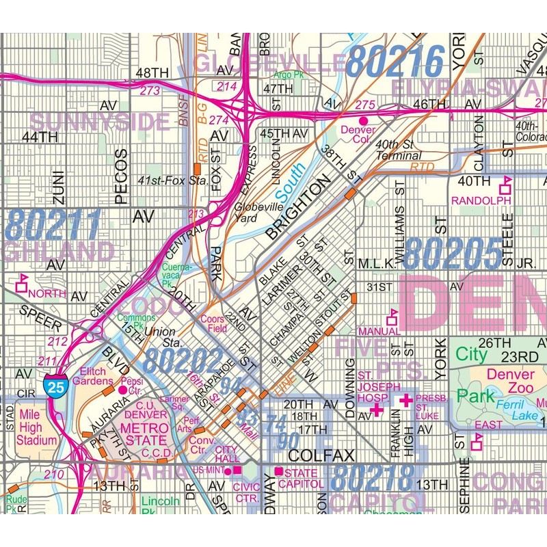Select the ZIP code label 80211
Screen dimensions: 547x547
point(53,225)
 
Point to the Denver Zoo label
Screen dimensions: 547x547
point(511,382)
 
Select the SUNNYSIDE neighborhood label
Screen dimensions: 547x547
point(99,122)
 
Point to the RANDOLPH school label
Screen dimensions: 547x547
point(481,200)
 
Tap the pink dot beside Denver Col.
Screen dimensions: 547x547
point(364,120)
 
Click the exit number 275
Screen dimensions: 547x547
point(366,105)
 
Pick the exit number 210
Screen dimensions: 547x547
point(51,473)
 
